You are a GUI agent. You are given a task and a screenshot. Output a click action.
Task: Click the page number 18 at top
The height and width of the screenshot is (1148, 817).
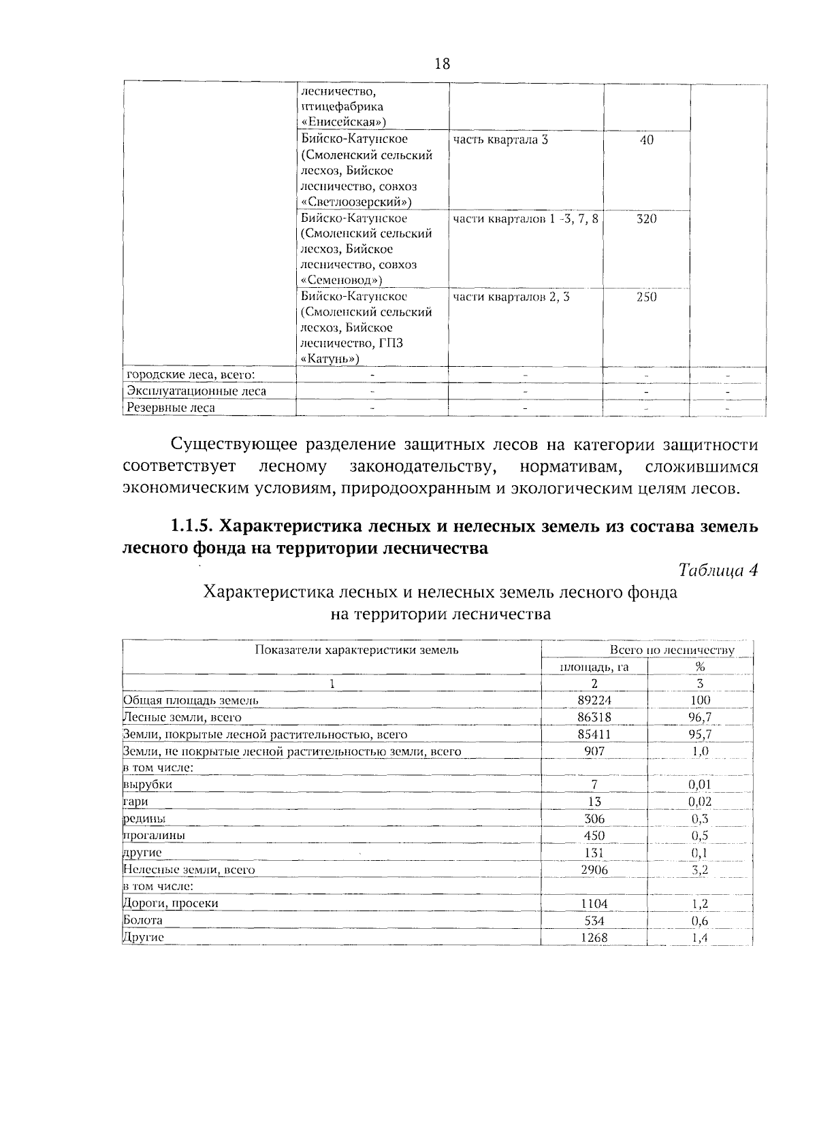pos(442,64)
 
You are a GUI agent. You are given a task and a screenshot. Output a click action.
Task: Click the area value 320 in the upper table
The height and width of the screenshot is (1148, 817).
pos(646,219)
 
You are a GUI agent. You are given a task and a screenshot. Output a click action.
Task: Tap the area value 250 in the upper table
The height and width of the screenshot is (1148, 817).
pos(646,297)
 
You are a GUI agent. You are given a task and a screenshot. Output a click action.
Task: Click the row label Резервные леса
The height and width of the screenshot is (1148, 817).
pos(172,408)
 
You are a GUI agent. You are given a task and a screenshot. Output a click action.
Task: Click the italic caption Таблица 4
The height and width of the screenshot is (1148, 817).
pos(718,570)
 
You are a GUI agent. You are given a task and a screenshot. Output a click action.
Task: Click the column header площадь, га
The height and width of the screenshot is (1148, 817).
pos(594,667)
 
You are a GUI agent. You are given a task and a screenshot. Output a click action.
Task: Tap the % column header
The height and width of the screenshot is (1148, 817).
pos(700,667)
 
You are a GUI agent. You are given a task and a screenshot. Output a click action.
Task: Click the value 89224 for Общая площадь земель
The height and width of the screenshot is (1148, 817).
pos(594,700)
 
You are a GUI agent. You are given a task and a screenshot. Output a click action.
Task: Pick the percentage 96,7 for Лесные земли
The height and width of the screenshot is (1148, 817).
pos(700,717)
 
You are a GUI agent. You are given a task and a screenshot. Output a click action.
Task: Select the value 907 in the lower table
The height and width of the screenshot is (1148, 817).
pos(594,751)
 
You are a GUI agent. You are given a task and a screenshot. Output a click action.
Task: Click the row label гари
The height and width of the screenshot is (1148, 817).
pos(135,802)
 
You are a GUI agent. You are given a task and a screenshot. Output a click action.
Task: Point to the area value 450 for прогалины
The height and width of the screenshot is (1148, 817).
pos(594,836)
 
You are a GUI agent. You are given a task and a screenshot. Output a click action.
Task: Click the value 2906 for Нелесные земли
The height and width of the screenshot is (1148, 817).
pos(594,870)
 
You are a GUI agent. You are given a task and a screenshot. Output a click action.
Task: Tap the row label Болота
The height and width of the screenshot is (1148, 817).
pos(143,920)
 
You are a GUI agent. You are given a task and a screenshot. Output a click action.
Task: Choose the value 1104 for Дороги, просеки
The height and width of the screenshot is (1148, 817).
pos(594,904)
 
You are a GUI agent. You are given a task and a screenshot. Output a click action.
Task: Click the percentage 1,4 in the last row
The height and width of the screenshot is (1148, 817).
pos(700,938)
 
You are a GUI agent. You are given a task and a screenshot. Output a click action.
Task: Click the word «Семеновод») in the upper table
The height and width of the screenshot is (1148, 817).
pos(341,280)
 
